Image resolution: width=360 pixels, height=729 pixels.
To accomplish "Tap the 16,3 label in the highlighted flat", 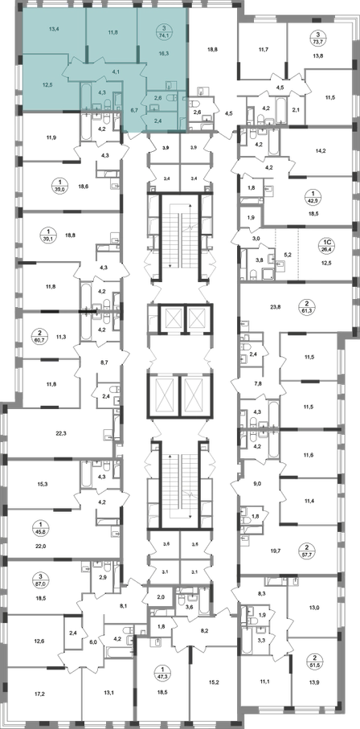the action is pyautogui.click(x=164, y=54).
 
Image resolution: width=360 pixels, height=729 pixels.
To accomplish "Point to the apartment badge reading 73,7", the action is pyautogui.click(x=317, y=37).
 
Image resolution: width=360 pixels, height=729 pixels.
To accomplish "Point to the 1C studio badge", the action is pyautogui.click(x=327, y=244).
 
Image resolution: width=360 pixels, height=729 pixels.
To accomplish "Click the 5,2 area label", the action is pyautogui.click(x=287, y=256).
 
